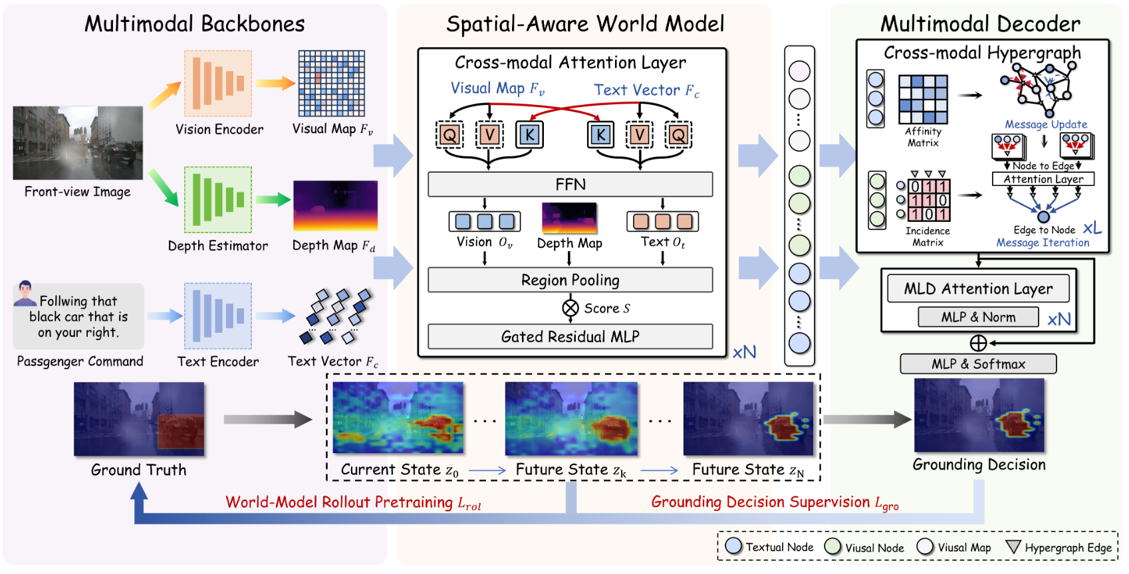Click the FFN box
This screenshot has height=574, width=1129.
[570, 184]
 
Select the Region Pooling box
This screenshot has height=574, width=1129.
[570, 280]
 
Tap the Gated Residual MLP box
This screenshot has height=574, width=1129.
[570, 336]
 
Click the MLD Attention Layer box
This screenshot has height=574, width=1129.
[978, 288]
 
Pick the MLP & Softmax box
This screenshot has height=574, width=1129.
[978, 363]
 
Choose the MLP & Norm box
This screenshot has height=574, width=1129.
[978, 317]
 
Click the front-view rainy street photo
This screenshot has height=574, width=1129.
[78, 143]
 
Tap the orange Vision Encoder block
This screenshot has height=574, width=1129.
[218, 84]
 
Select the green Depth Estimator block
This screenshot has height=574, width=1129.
[218, 199]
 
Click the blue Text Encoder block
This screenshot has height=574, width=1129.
[218, 316]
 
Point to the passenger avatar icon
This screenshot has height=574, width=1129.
[25, 292]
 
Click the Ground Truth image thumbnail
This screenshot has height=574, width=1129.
[139, 419]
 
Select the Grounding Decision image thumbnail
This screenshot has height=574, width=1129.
[979, 415]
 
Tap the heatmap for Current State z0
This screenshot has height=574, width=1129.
[398, 418]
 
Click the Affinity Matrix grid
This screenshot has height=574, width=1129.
[923, 99]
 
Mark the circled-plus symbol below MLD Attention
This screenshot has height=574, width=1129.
[978, 343]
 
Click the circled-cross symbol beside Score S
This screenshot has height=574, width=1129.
[570, 308]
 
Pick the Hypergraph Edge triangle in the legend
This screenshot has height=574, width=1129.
[1013, 547]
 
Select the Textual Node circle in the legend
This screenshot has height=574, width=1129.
[733, 546]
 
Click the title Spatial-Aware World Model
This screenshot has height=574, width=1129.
[585, 25]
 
